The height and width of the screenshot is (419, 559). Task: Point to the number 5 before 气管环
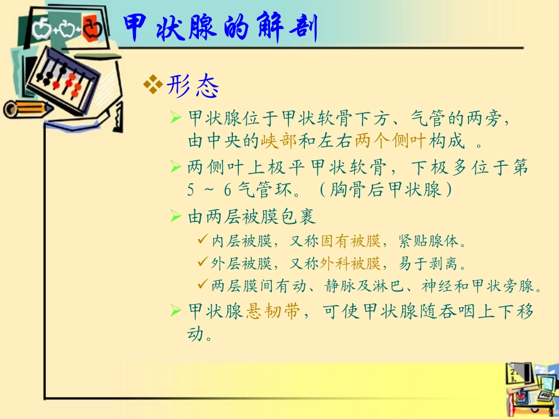pos(191,190)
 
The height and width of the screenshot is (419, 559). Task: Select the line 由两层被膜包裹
pos(252,216)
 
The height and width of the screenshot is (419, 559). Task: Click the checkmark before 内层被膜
pos(201,240)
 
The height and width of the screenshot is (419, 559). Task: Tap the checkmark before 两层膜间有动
pos(201,285)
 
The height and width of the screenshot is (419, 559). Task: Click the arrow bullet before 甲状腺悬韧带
pos(175,310)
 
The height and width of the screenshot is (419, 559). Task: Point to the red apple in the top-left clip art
pos(92,28)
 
